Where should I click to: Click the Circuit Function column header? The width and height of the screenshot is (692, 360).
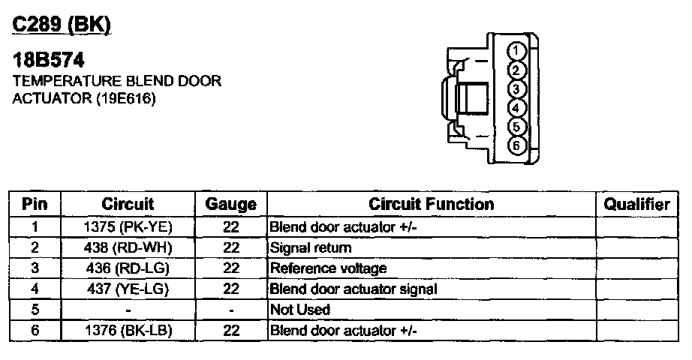431,204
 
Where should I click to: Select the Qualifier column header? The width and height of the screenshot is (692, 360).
637,204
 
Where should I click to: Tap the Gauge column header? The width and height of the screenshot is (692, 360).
230,204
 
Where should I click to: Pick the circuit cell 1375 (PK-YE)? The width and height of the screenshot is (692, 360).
128,226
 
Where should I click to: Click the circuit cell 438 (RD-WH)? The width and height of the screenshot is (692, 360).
128,247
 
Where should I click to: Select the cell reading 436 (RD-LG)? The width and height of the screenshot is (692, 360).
128,268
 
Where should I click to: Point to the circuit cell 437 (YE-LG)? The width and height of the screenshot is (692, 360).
128,289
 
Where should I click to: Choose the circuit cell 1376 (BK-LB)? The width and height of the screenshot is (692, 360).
128,330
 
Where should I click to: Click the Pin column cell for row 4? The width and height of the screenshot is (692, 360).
35,289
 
